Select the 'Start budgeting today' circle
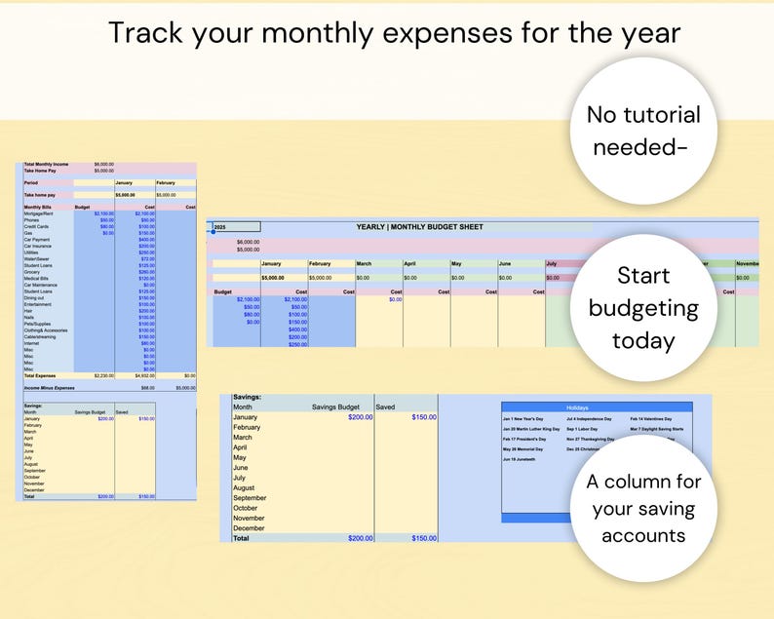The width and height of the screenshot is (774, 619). click(644, 308)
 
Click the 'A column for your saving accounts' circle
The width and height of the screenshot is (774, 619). click(644, 508)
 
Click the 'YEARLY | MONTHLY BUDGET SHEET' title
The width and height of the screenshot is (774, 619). click(419, 227)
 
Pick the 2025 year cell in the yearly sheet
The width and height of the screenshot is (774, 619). click(220, 227)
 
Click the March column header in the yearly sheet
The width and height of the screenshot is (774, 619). click(365, 263)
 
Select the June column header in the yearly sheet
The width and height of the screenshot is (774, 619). click(506, 263)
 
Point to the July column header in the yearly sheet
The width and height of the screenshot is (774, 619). click(552, 263)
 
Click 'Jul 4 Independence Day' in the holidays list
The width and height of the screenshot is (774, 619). click(590, 418)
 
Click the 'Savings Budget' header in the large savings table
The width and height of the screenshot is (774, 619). click(337, 406)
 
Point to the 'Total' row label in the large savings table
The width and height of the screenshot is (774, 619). click(241, 538)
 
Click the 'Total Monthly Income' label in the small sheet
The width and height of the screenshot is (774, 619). click(46, 164)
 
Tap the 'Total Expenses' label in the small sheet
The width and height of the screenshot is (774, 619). click(41, 374)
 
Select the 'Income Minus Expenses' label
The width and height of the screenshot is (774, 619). click(50, 387)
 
